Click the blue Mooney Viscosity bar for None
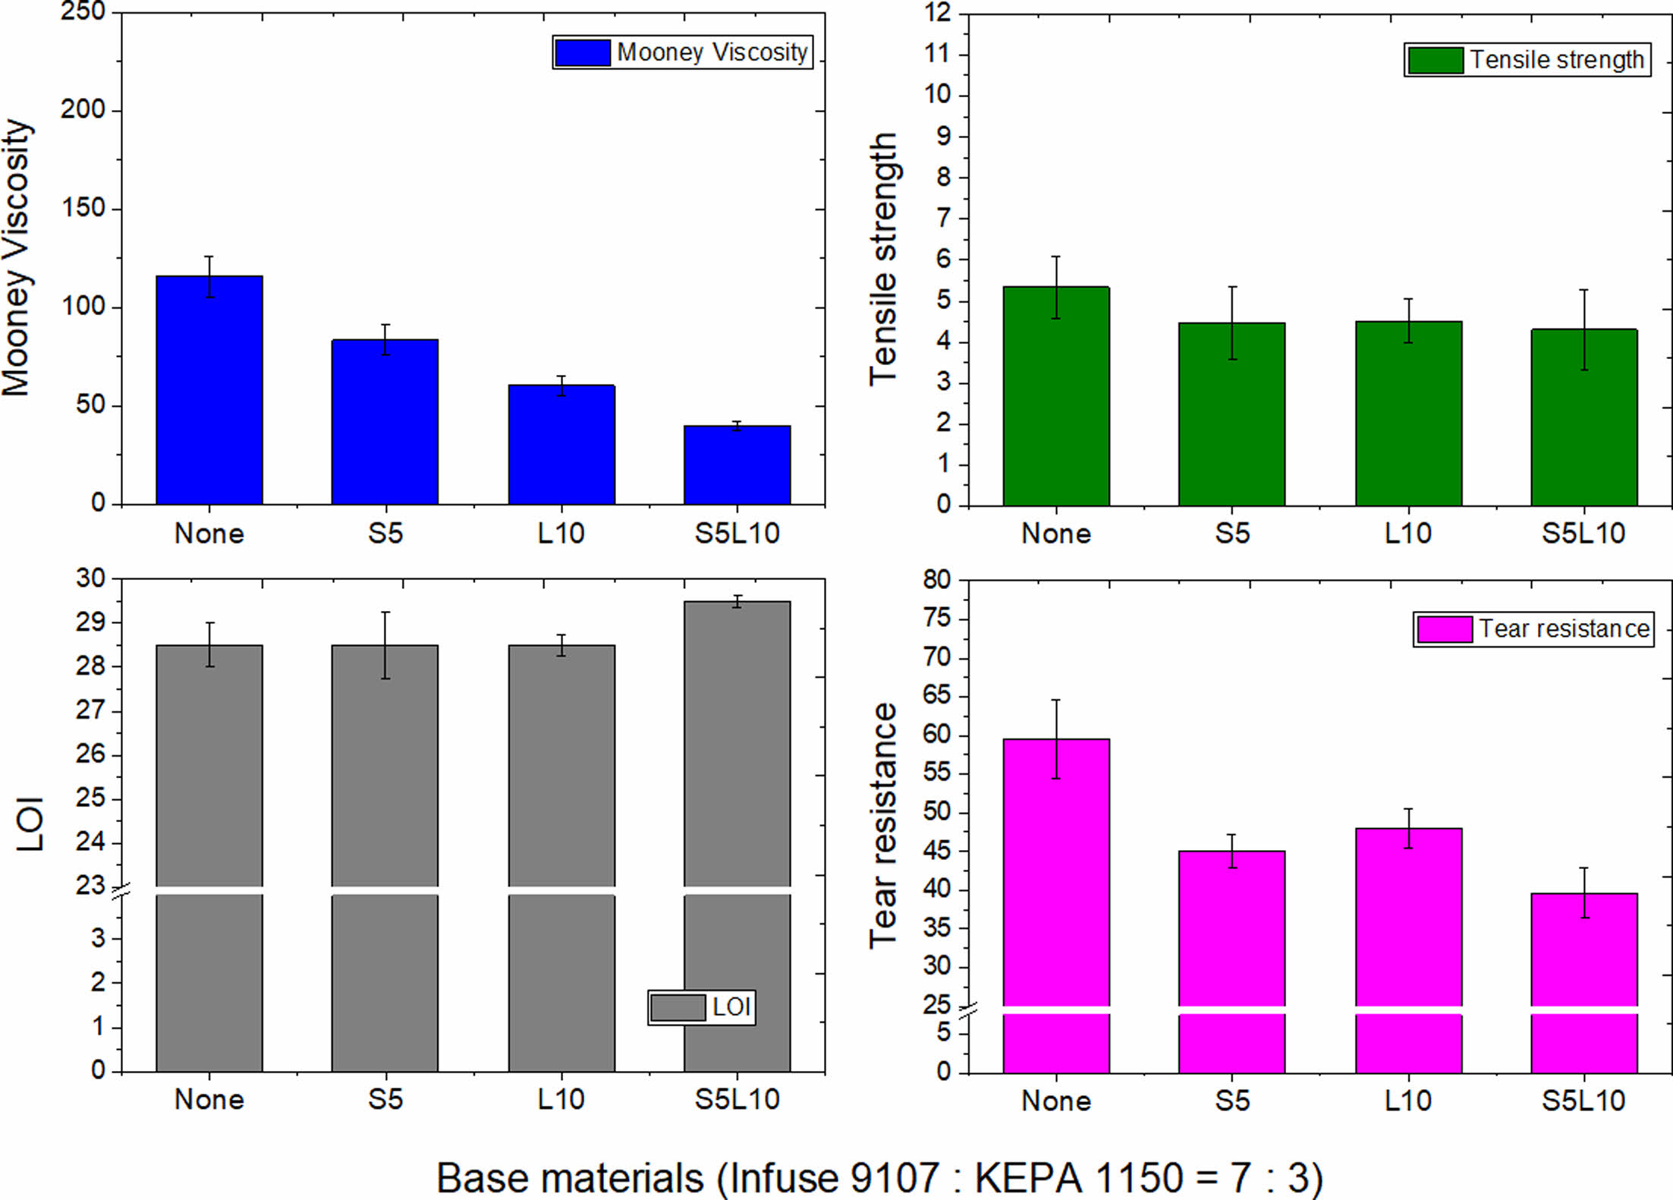209,390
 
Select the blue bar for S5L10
737,465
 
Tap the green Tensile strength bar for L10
1408,414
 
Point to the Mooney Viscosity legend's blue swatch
583,52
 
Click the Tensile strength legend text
1557,60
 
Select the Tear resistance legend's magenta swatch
1444,629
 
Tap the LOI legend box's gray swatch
678,1007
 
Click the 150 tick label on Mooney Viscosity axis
83,208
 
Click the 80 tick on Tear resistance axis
936,580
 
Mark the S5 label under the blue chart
385,534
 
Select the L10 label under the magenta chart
1408,1101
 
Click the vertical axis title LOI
31,824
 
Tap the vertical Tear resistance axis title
883,826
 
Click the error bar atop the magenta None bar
1055,739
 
